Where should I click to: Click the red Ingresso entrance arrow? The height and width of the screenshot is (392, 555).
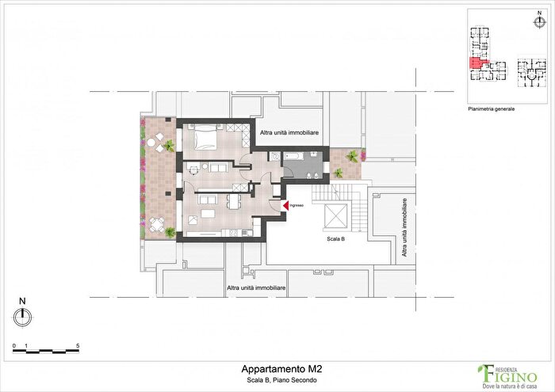coord(284,206)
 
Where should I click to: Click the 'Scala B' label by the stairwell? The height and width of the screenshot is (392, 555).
coord(336,238)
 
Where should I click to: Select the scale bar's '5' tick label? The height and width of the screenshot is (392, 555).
coord(78,346)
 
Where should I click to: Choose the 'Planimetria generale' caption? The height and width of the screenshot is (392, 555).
coord(492,108)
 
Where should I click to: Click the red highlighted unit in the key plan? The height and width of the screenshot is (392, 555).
coord(478,63)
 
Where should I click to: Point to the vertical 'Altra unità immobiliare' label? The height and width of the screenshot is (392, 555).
coord(404,229)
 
